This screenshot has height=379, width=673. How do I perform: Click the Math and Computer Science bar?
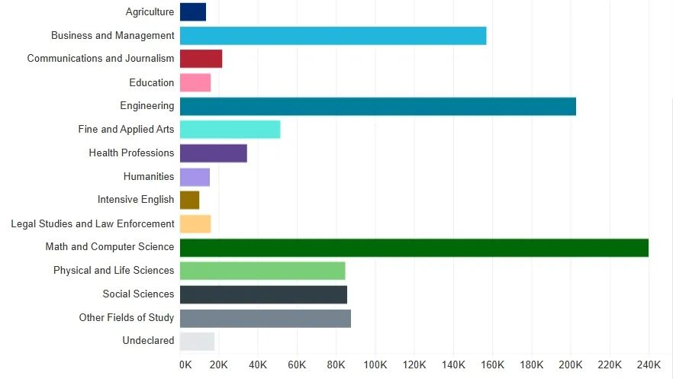[414, 247]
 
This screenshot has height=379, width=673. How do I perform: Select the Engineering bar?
[378, 106]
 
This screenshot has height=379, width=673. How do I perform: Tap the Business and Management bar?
[333, 36]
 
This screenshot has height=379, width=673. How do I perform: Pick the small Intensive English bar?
[189, 200]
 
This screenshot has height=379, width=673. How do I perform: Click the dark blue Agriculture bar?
[193, 12]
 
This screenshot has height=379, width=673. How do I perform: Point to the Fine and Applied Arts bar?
[230, 130]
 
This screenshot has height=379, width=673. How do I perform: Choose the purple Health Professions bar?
[213, 153]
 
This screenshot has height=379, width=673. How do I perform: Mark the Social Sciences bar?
[263, 294]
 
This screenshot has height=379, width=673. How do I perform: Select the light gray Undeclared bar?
[197, 341]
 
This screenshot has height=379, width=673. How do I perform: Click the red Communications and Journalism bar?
[201, 59]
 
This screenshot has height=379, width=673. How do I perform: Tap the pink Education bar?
[195, 82]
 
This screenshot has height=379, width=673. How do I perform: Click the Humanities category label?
[149, 177]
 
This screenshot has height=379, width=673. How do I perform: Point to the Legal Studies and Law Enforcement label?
[92, 224]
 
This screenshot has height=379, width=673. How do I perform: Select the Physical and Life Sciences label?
[114, 271]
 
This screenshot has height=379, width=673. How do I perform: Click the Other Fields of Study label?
[127, 318]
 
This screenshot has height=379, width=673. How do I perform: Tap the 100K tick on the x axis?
[375, 365]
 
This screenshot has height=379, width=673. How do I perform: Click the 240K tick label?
[649, 365]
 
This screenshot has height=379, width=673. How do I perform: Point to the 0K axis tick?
[185, 365]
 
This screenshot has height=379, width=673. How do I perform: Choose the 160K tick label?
[493, 365]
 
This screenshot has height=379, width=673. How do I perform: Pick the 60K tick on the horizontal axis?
[297, 365]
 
